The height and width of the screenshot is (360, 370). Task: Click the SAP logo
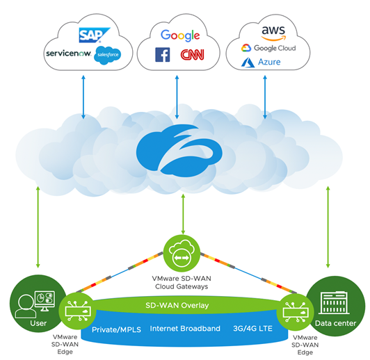coord(94,35)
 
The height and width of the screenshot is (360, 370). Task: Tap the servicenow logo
coord(68,54)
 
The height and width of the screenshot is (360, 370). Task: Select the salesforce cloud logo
coord(108,55)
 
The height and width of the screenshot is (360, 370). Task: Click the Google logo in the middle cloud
coord(180,35)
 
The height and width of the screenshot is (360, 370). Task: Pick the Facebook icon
coord(162,55)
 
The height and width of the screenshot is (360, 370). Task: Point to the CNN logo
coord(192,55)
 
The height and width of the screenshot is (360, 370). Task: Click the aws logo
coord(273,33)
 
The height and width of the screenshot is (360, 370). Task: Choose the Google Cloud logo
coord(268,48)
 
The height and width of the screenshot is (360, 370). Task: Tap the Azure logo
coord(261,63)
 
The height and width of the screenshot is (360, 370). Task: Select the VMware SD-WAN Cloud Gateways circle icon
coord(182,253)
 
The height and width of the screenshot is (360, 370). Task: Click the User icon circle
coord(38,304)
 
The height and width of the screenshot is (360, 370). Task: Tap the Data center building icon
coord(334,303)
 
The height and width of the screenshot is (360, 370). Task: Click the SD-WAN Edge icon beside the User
coord(78,311)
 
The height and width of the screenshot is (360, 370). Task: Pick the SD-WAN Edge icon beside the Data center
coord(295,312)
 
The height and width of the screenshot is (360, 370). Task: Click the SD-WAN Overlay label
coord(177,306)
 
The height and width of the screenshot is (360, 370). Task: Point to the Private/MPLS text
coord(116,329)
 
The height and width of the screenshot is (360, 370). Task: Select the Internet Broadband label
coord(185,329)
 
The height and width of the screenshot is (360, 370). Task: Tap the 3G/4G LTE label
coord(252,329)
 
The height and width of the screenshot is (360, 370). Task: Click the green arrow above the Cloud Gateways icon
coord(183,214)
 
